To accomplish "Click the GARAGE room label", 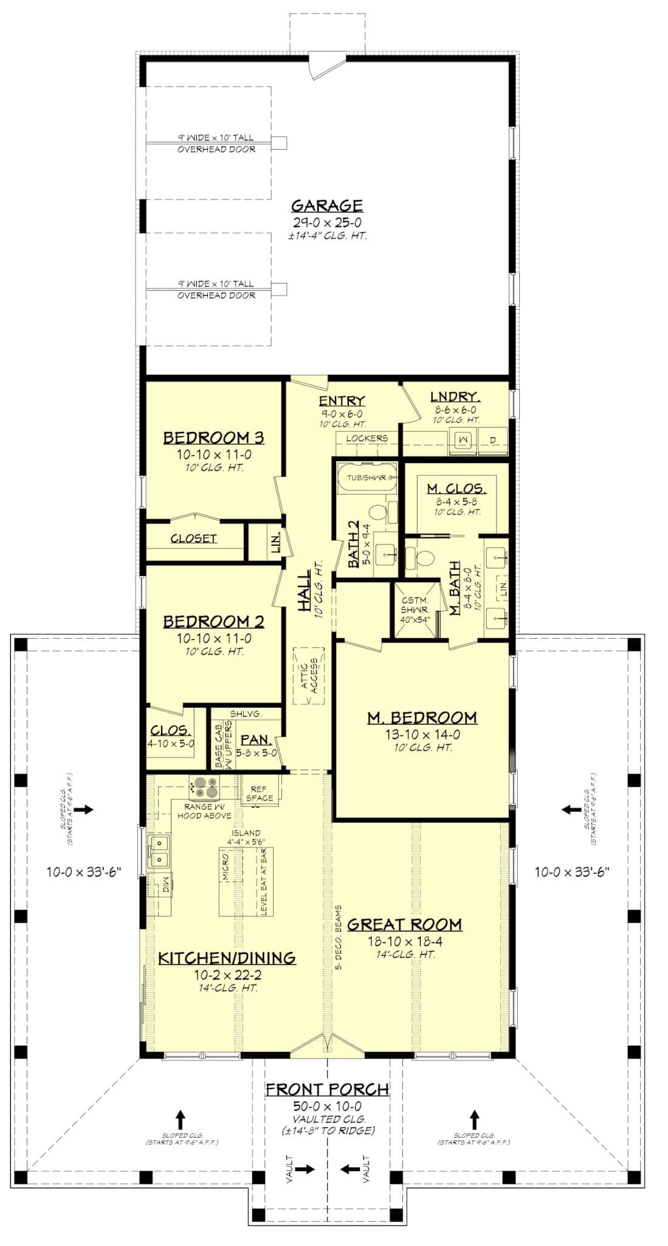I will coord(326,206).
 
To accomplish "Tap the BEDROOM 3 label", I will coord(213,438).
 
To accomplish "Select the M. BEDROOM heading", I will coord(422,718).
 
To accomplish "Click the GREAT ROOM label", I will coord(404,925).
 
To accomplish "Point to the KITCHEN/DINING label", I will coord(227,958).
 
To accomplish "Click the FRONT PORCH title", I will coord(327,1090).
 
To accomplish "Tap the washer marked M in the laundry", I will coord(463,439).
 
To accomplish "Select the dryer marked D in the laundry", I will coord(492,439).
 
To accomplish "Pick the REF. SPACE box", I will coord(260,793).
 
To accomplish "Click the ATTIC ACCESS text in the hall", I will coord(309,675).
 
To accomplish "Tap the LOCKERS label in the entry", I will coord(367,438).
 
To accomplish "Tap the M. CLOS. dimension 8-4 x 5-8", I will coord(456,501).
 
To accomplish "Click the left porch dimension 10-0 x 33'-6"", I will coord(84,872).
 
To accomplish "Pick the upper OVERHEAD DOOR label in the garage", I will coord(216,149).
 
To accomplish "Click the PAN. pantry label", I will coord(255,740).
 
